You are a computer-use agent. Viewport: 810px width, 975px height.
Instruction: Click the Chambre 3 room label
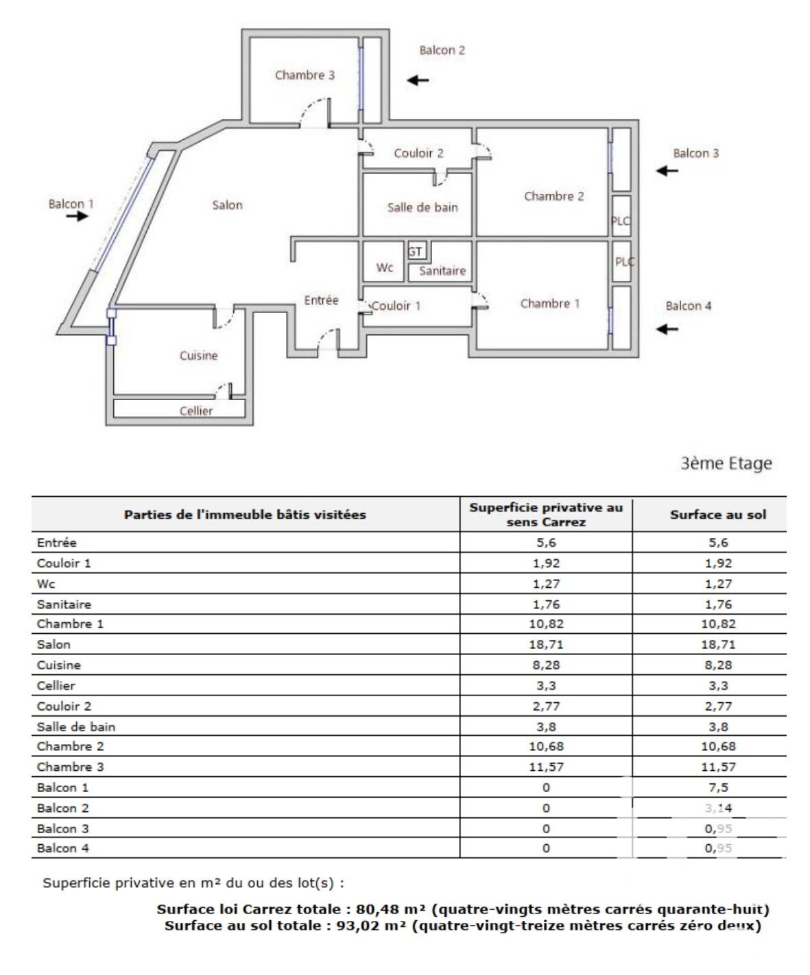point(305,75)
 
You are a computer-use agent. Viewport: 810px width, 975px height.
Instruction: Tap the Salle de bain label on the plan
point(422,208)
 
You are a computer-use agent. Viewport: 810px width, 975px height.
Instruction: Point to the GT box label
point(416,251)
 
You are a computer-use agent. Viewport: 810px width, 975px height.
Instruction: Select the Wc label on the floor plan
point(385,268)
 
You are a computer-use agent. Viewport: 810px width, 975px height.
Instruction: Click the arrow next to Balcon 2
point(418,80)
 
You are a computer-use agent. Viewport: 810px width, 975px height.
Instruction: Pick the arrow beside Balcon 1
point(78,217)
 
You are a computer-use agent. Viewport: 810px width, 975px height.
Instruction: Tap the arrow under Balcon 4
point(667,330)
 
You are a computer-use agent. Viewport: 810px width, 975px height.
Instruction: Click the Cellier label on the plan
point(196,411)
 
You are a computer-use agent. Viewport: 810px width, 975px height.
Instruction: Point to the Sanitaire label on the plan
point(442,271)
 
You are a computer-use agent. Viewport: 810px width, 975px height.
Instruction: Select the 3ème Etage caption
point(726,464)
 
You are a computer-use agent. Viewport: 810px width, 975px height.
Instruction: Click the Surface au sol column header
point(718,515)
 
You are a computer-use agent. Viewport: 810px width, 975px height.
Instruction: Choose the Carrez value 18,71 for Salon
point(546,645)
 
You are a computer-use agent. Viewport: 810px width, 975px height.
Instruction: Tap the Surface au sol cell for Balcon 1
point(718,788)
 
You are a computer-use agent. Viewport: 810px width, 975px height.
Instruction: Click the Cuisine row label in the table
point(59,665)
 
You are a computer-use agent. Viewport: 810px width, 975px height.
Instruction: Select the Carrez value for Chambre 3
point(546,767)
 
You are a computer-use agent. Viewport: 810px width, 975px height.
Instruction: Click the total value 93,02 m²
point(372,926)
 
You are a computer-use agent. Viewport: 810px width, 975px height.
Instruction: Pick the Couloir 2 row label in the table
point(64,706)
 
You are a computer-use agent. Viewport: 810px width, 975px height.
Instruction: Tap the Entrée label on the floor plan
point(322,300)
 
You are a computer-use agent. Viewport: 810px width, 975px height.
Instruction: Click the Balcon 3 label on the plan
point(695,153)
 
